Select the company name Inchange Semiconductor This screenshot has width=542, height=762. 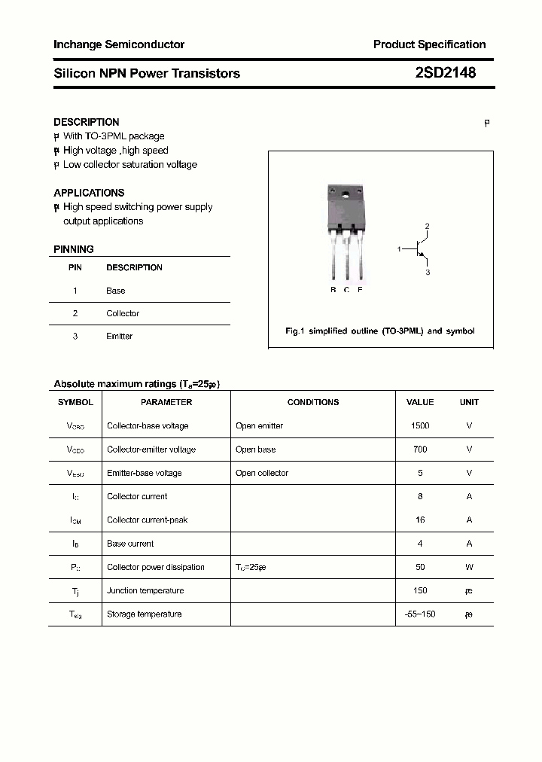(119, 44)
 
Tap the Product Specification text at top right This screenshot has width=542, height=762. (429, 44)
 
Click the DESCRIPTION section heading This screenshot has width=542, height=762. (87, 122)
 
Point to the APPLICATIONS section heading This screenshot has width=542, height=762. (89, 193)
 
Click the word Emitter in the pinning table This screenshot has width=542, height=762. (119, 337)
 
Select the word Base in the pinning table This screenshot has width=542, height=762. (116, 291)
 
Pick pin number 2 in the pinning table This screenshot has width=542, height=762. (75, 313)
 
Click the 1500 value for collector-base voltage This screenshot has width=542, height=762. (420, 426)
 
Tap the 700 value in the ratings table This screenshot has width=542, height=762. (420, 450)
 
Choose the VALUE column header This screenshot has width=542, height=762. (420, 402)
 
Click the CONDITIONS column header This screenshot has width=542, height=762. (313, 402)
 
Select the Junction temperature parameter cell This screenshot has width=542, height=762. (145, 591)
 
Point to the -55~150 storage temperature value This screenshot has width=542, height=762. (420, 614)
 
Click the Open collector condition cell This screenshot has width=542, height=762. (262, 473)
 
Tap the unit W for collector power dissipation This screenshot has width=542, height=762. (469, 567)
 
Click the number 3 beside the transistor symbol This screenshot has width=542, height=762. (428, 272)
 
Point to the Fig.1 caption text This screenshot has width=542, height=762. (380, 331)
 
